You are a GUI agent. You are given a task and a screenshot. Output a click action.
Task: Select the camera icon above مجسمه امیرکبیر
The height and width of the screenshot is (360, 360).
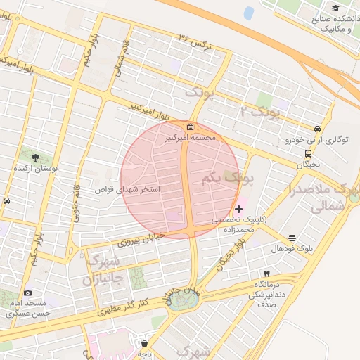[191, 127]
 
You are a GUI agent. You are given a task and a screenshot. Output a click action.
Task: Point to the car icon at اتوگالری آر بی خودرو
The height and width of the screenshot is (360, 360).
[318, 129]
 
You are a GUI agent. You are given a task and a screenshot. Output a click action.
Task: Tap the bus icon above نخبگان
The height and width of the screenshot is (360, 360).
[308, 153]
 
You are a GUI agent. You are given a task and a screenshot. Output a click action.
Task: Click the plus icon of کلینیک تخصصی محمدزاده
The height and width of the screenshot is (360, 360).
[239, 209]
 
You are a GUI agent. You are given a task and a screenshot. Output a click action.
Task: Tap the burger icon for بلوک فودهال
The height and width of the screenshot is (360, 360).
[292, 238]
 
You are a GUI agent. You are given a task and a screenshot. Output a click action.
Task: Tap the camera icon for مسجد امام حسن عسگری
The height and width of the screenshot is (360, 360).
[27, 292]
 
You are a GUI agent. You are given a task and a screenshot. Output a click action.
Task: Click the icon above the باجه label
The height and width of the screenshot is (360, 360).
[145, 344]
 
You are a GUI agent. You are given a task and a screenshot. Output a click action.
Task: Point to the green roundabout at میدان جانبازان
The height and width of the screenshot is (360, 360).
[183, 301]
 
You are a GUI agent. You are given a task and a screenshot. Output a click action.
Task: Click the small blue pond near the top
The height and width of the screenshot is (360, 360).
[249, 13]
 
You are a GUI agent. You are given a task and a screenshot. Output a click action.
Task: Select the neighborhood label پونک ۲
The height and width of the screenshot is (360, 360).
[260, 110]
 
